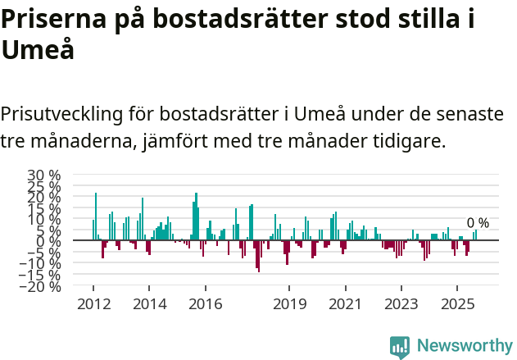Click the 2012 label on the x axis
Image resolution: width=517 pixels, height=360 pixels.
(93, 304)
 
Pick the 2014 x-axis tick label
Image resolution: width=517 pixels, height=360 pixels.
(148, 304)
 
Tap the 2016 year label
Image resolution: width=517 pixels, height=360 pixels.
(205, 304)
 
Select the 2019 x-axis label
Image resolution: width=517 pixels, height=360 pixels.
(288, 304)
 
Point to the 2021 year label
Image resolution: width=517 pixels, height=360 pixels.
(345, 304)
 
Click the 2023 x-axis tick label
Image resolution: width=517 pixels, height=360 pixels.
(401, 304)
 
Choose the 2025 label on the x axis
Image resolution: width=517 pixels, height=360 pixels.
(456, 304)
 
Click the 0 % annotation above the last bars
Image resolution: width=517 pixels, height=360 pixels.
(478, 223)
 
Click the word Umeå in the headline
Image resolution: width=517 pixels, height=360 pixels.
(38, 50)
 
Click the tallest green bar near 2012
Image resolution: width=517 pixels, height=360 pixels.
(96, 216)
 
